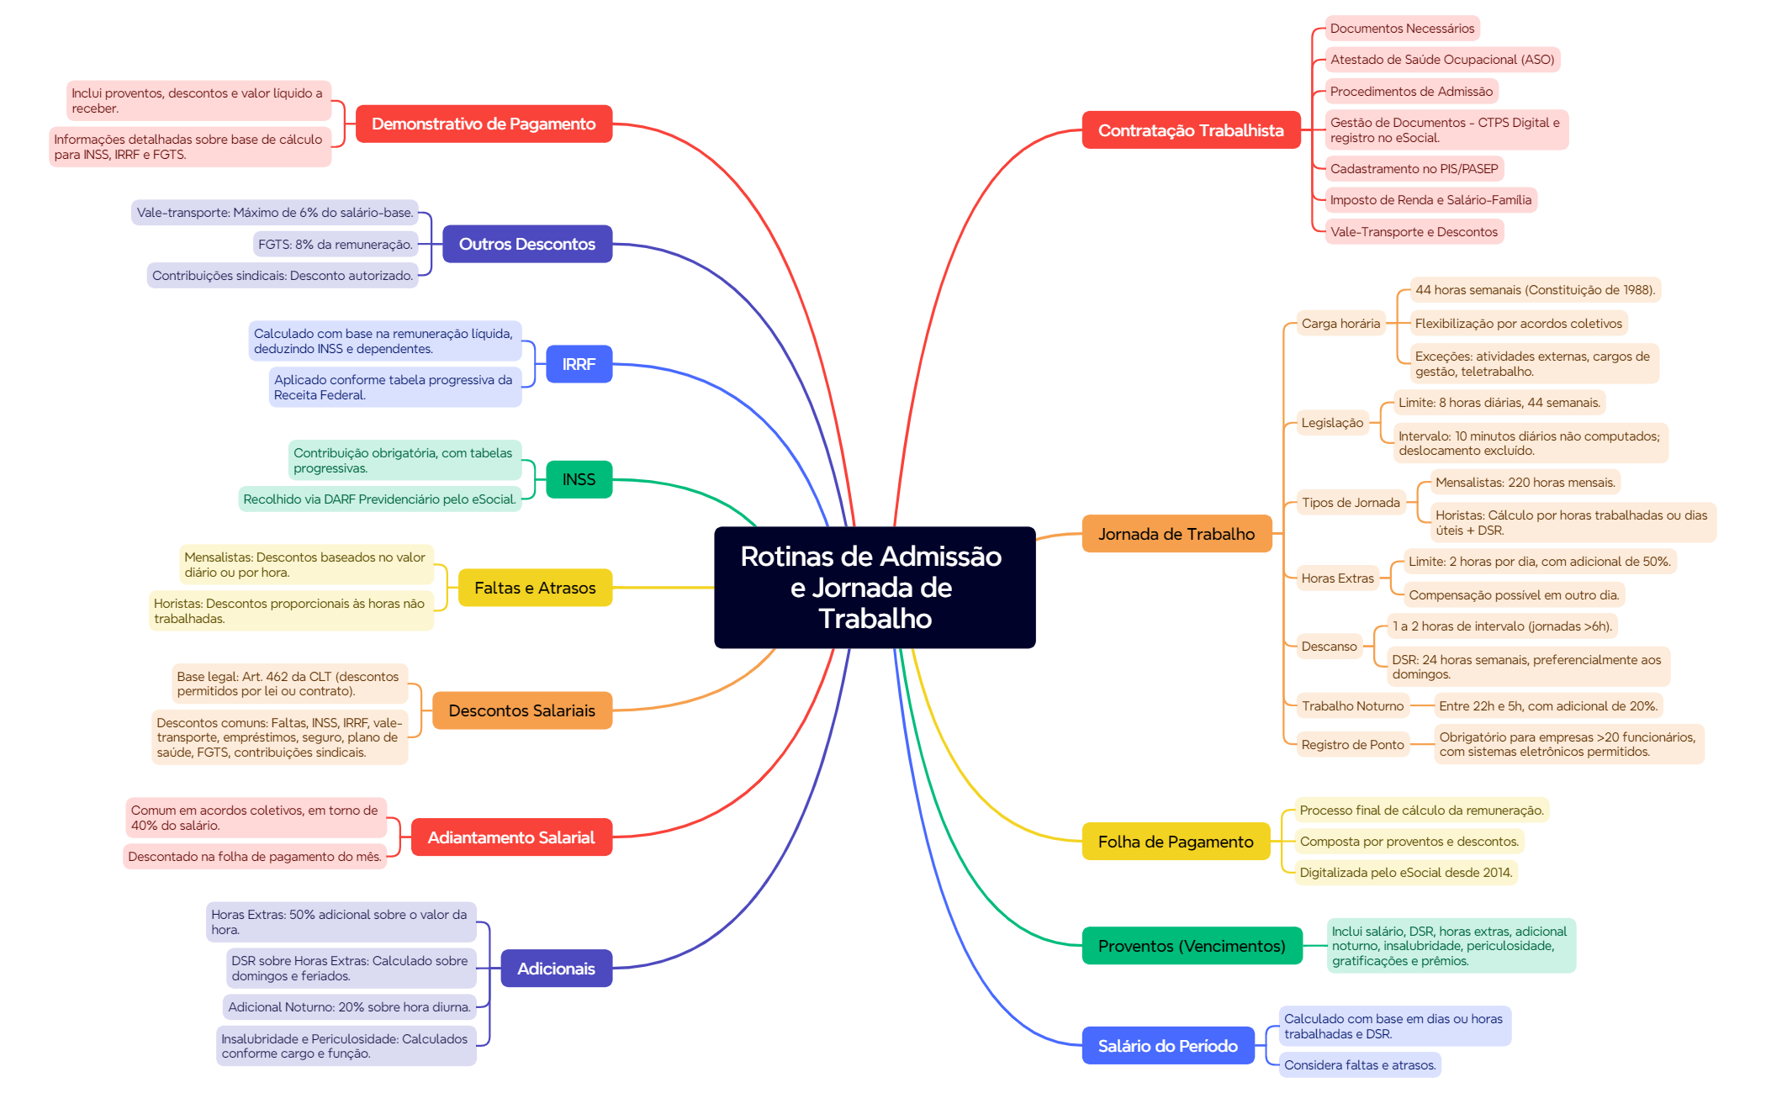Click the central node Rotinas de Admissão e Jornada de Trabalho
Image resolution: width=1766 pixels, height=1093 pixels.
coord(875,587)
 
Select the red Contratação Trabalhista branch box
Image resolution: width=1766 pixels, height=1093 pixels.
coord(1191,130)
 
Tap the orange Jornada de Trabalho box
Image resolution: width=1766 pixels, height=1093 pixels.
coord(1176,534)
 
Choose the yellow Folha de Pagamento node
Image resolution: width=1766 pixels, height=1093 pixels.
coord(1175,842)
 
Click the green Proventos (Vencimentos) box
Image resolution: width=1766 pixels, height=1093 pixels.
coord(1191,946)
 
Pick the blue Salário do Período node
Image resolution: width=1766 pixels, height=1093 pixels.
coord(1167,1046)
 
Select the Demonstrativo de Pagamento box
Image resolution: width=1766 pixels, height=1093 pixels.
coord(484,124)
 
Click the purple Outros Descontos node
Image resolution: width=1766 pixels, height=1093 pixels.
coord(526,244)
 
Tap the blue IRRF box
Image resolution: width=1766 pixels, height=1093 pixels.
coord(579,364)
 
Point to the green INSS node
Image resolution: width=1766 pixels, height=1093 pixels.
coord(579,479)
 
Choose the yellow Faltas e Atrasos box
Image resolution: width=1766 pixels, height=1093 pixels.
coord(535,588)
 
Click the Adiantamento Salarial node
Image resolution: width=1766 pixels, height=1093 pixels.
coord(510,837)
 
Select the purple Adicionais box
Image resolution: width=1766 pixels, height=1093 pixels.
coord(556,969)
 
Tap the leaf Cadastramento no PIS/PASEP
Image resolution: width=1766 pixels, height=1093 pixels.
coord(1414,169)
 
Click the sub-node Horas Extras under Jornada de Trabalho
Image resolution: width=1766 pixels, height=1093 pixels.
coord(1337,578)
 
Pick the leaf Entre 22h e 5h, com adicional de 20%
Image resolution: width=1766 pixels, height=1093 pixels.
coord(1547,706)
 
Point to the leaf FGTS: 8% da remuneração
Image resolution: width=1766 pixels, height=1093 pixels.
coord(336,245)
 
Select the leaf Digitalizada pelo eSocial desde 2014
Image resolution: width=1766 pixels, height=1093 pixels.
coord(1405,873)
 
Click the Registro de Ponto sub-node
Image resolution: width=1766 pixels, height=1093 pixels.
coord(1352,745)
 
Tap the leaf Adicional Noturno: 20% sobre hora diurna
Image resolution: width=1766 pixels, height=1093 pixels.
coord(349,1007)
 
